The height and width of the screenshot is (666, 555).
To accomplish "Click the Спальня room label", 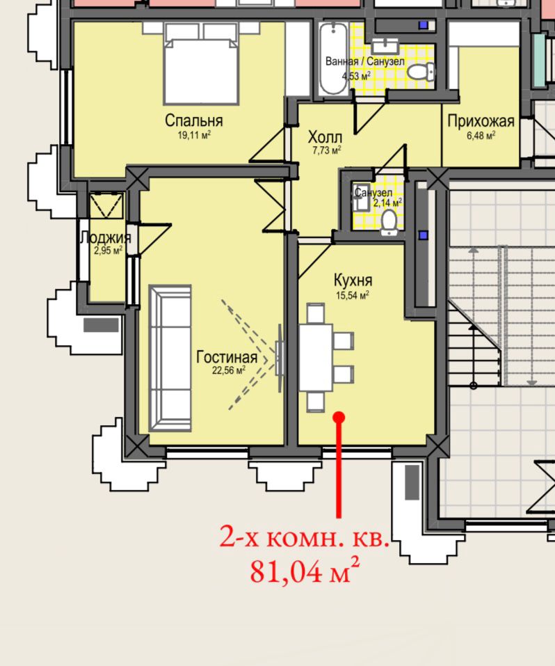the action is tap(193, 120).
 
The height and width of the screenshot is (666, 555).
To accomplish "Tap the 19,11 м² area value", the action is tap(194, 135).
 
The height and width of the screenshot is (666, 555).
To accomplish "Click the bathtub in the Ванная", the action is tap(333, 58).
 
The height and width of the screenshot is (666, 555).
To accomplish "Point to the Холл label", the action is tap(325, 138).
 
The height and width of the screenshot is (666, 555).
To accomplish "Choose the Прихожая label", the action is tap(481, 122).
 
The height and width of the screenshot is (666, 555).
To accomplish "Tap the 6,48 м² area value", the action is tap(481, 136).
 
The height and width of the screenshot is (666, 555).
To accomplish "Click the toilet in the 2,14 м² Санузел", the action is tap(389, 223).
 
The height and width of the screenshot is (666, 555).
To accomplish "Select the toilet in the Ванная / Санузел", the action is tap(421, 72).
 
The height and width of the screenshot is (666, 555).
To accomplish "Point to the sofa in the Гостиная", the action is tap(170, 358).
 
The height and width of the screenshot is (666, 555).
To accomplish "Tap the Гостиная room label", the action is tap(227, 357).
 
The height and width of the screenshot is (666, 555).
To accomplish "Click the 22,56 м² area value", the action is tap(229, 370).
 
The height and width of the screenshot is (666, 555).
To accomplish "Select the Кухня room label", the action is tap(353, 280).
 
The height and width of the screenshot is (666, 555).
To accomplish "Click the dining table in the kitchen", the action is tap(316, 358).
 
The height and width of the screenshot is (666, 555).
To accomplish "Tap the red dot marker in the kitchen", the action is tap(339, 418).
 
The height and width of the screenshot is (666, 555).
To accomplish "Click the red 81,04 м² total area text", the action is tap(305, 571).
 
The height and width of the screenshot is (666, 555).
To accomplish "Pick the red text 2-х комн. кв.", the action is tap(304, 537).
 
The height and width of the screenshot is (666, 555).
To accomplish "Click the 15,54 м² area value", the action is tap(353, 295).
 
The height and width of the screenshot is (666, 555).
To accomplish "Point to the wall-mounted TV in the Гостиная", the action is tap(279, 358).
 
